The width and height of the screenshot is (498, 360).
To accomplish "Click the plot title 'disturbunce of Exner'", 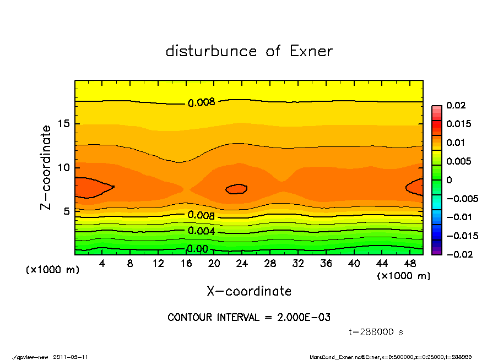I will click(249, 51).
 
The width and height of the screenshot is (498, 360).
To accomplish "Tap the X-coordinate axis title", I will click(249, 291).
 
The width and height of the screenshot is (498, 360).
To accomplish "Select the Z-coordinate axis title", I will click(47, 167).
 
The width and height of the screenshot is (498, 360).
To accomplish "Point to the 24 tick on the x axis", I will click(242, 263).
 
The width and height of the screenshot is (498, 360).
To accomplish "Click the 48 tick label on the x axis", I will click(410, 263).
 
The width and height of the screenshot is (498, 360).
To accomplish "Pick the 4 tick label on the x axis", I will click(103, 263).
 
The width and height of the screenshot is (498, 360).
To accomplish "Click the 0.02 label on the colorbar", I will click(456, 105).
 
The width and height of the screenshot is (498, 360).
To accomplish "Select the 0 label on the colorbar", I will click(449, 180).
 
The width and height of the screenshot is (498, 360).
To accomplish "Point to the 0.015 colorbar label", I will click(458, 124).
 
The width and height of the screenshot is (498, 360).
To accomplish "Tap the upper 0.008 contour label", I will click(201, 102).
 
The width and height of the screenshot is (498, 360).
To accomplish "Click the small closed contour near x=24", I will click(237, 189).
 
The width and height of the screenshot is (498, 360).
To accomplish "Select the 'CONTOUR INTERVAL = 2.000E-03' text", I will click(248, 317).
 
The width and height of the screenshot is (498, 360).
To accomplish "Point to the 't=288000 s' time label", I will click(376, 332).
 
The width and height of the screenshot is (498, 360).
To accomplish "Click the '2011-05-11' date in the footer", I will click(71, 357).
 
